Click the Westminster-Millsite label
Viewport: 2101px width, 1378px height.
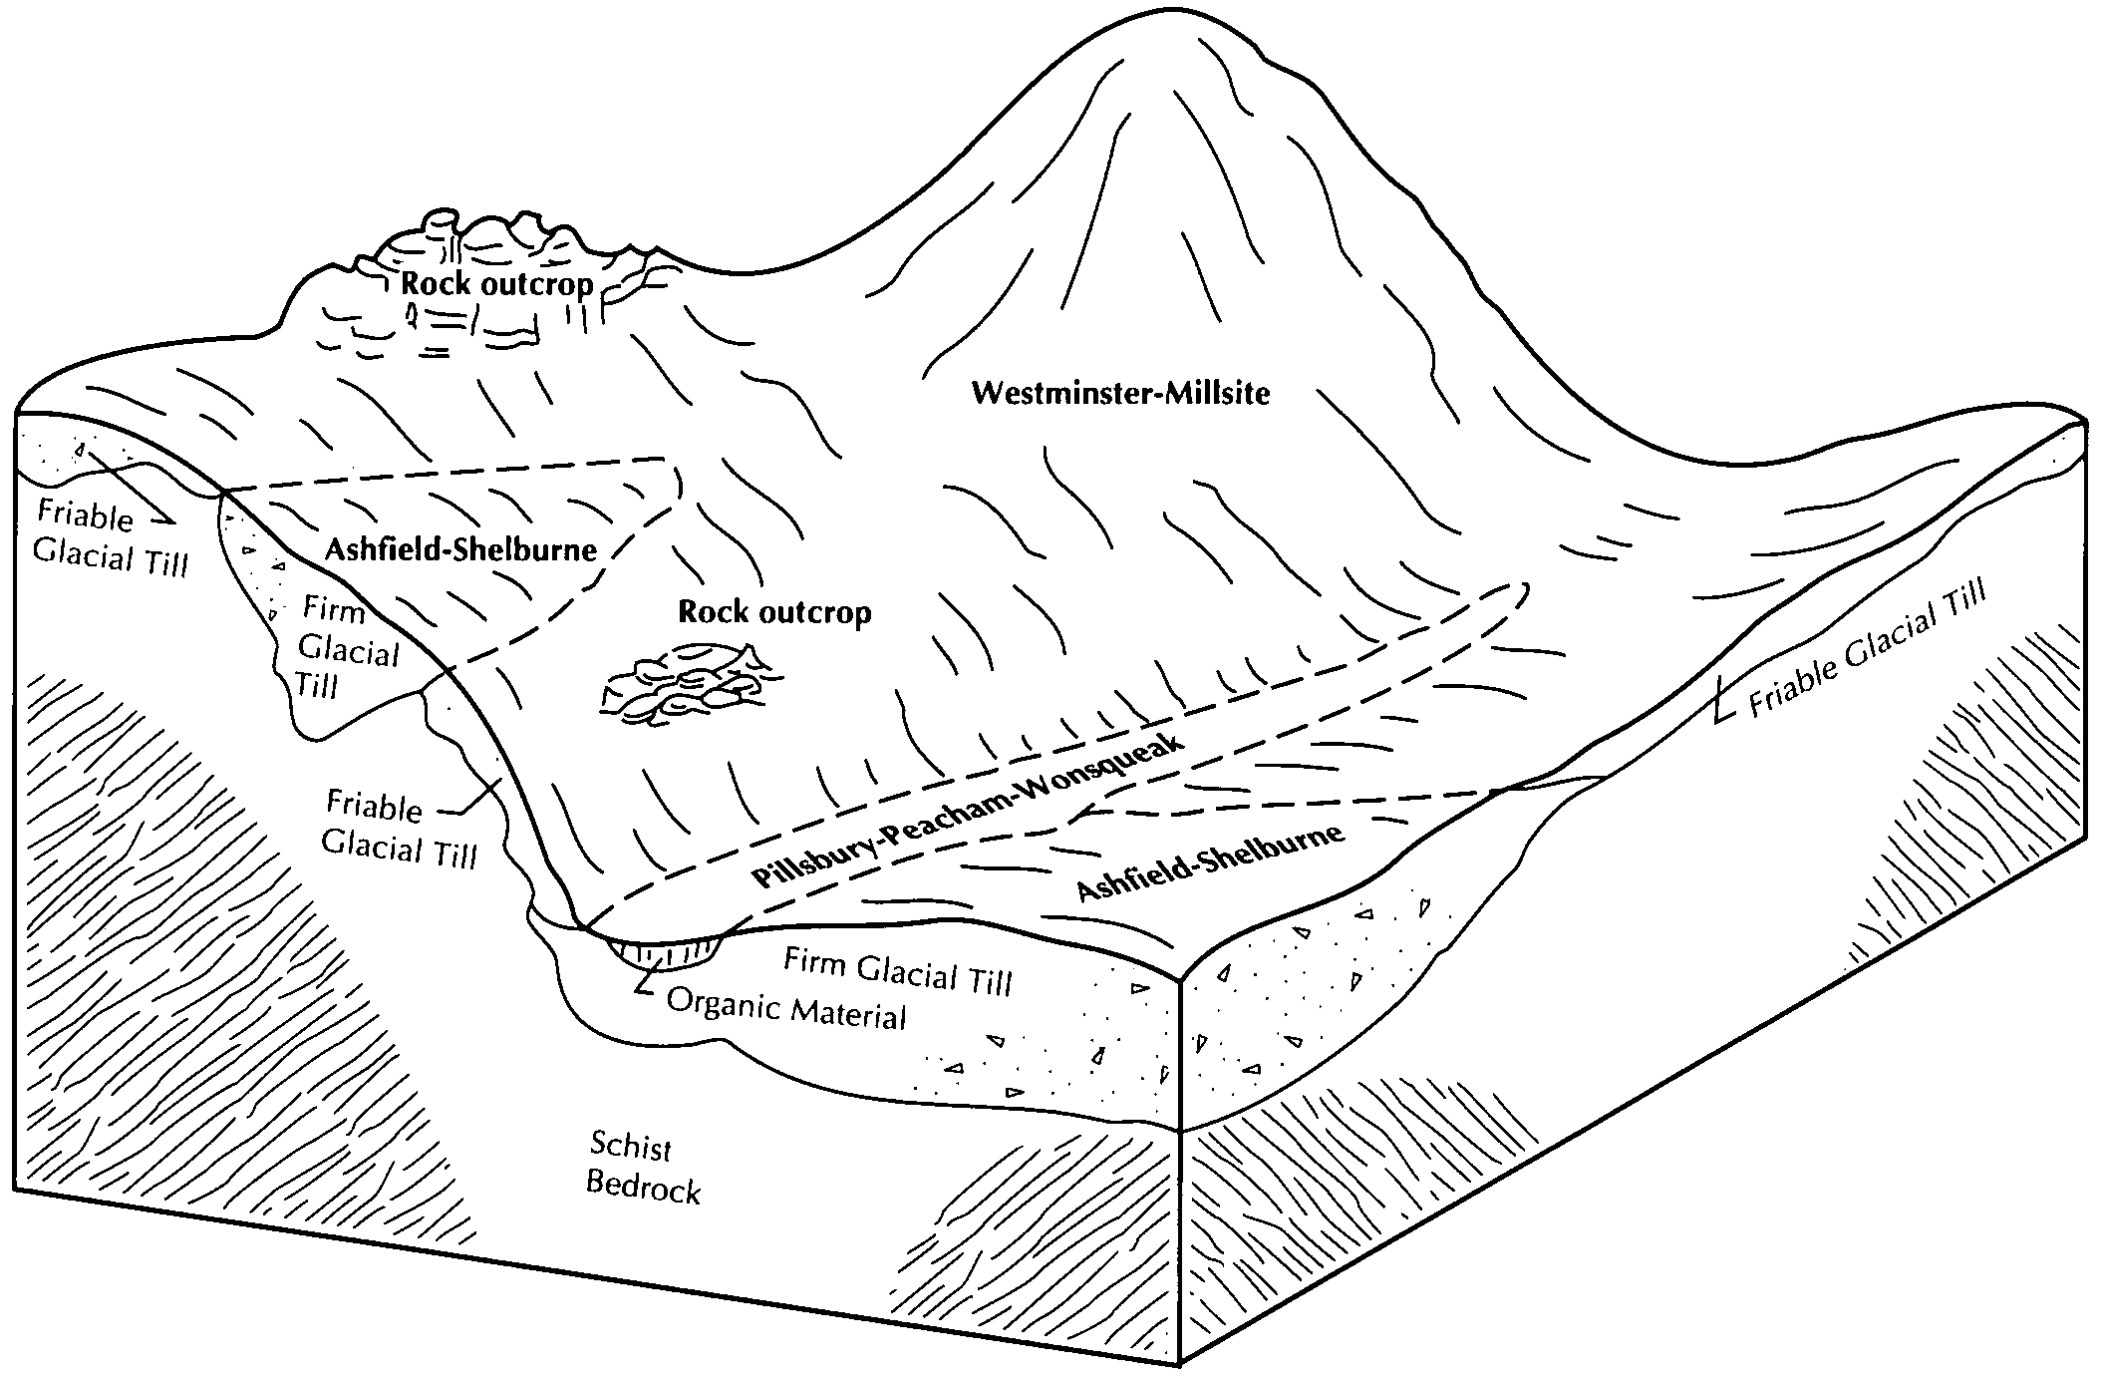(1120, 393)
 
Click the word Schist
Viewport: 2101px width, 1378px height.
(631, 1146)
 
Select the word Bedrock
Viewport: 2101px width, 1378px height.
(643, 1187)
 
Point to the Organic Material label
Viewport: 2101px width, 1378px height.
(786, 1009)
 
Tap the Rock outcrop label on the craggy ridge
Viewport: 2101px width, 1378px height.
(496, 284)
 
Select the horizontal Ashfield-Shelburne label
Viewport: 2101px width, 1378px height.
(460, 548)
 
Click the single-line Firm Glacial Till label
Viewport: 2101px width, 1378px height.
(897, 971)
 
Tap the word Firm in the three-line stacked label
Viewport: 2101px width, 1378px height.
(334, 608)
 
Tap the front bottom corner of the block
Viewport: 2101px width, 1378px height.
(1180, 1362)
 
